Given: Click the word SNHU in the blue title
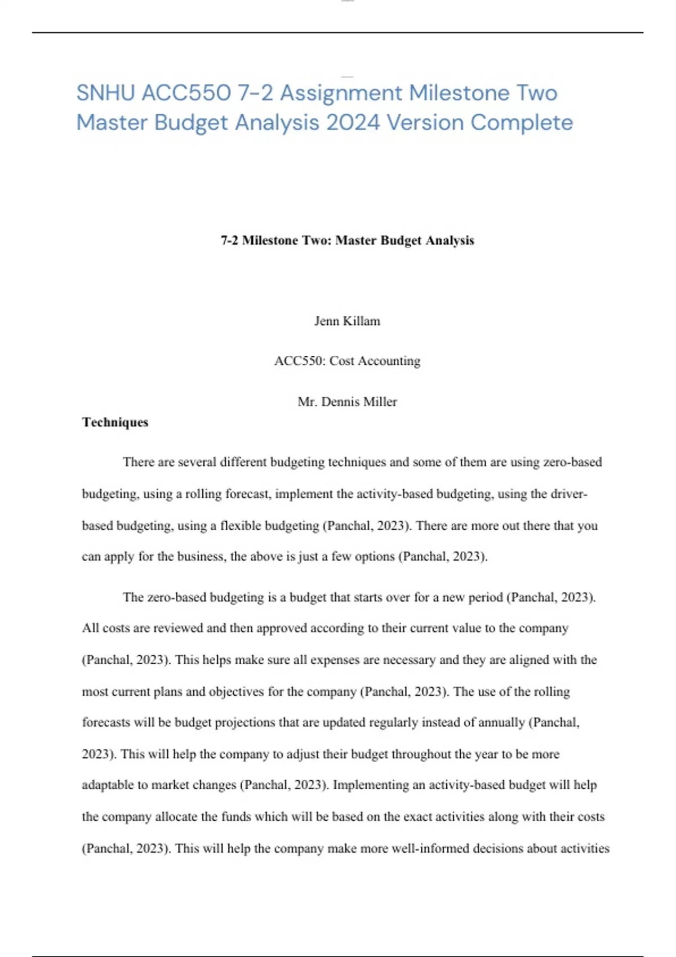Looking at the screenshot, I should pos(105,93).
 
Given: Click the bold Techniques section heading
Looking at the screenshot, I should pos(115,422).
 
